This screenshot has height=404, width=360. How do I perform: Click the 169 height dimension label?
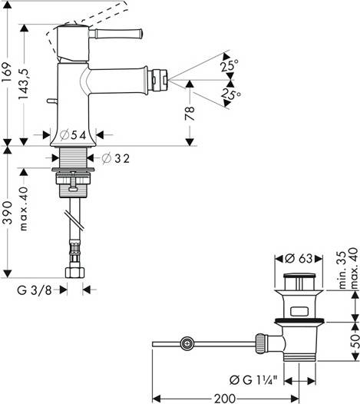[x=7, y=72]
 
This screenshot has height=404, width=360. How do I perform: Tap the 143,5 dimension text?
[x=25, y=84]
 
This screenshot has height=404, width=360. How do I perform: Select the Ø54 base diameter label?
[x=73, y=135]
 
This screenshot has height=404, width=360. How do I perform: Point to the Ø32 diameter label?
[x=115, y=158]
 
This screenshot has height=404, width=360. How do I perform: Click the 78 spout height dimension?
[x=190, y=114]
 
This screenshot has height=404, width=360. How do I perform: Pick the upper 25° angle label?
[x=229, y=65]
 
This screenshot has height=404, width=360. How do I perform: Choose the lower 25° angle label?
[x=230, y=94]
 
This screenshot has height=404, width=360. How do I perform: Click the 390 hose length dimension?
[x=7, y=212]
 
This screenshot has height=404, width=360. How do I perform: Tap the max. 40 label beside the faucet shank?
[x=24, y=209]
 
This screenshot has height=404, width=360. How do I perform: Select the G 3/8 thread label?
[x=35, y=290]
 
